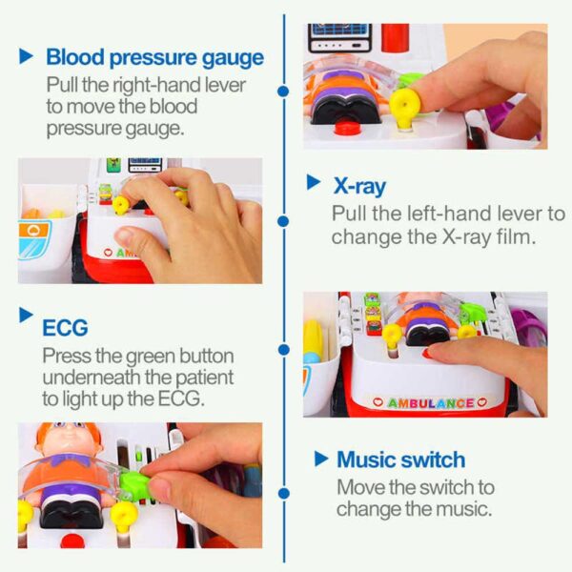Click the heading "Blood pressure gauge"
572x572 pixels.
(x=154, y=58)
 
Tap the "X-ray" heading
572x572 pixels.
(x=359, y=187)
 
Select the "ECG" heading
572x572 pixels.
(x=65, y=328)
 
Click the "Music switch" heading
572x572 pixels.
(x=401, y=460)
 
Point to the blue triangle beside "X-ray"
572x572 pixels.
(x=313, y=182)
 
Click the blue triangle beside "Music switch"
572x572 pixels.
(x=321, y=459)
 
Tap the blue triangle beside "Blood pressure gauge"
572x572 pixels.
(x=26, y=56)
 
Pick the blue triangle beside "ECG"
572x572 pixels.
(x=26, y=315)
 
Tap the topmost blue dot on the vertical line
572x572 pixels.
(x=283, y=92)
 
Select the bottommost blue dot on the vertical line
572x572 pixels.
(x=283, y=494)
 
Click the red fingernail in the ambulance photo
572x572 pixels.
(x=427, y=353)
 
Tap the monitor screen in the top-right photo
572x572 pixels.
(x=339, y=31)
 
